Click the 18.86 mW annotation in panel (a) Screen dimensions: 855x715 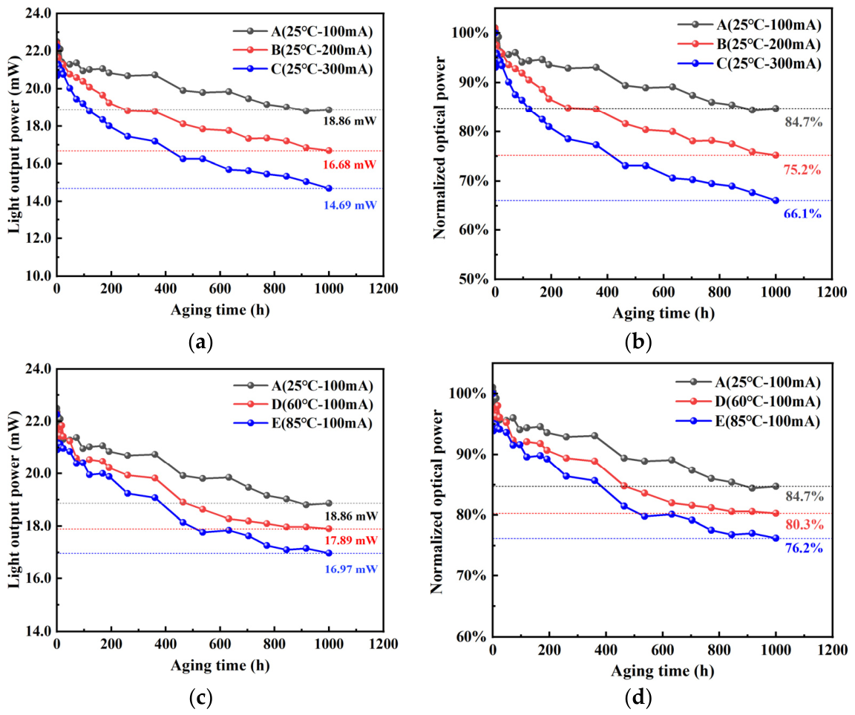350,121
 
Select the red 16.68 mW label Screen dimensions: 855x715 350,165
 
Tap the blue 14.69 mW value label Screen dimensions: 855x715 350,206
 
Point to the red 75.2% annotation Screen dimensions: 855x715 802,169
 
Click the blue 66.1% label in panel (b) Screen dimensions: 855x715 802,214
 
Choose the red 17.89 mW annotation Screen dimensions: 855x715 351,541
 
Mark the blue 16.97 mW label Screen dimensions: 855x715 351,569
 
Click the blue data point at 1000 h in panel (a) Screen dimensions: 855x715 329,188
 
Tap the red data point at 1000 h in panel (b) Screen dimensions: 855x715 776,155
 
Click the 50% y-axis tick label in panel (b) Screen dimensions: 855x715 476,279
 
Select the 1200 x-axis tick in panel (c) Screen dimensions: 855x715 383,644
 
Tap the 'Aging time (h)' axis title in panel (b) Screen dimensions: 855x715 663,313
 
